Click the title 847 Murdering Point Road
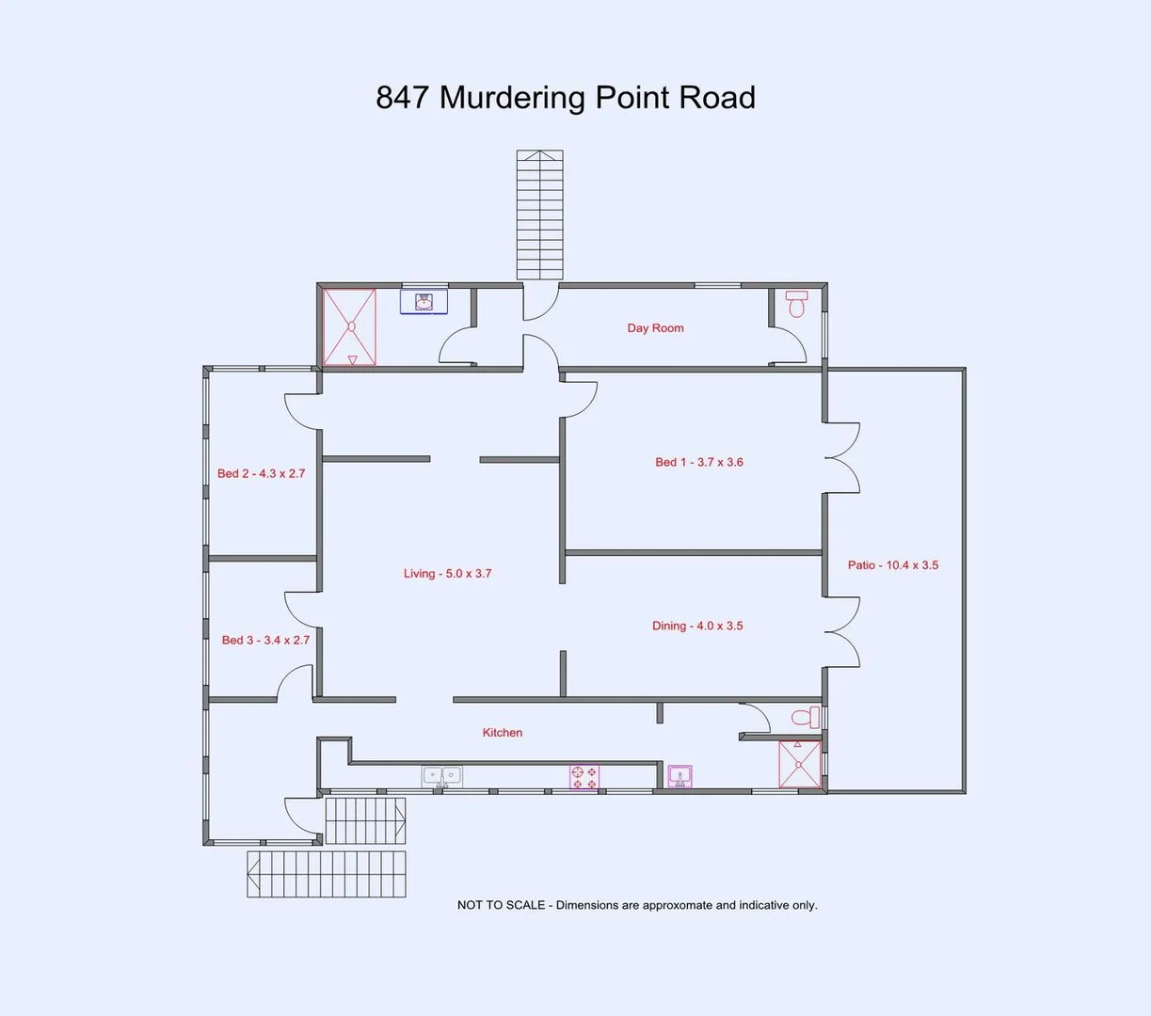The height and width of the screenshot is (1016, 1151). point(566,98)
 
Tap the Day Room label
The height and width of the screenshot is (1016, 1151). point(655,328)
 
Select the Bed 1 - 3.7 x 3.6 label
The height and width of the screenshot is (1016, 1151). point(699,462)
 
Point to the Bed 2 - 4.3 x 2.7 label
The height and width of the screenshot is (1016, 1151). point(261,473)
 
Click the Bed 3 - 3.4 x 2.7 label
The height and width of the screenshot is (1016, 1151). point(265,640)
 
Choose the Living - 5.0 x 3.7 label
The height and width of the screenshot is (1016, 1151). point(447,573)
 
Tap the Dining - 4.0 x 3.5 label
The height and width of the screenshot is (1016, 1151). point(697,626)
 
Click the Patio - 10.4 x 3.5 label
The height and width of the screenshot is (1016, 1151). point(892,565)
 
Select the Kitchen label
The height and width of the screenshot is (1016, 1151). point(503,733)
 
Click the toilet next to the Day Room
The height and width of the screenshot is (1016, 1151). point(797,304)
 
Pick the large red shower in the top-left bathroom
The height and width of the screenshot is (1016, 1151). point(349,327)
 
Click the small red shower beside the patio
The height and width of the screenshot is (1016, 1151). point(799,764)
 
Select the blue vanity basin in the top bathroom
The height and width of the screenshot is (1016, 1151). point(424,302)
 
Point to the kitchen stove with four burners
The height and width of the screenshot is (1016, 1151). point(583,778)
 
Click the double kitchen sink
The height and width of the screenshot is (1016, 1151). point(441,777)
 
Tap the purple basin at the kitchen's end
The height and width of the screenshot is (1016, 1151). point(679,776)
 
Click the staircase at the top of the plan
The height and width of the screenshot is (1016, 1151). point(539,214)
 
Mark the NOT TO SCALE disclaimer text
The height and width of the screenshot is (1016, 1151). point(637,905)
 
